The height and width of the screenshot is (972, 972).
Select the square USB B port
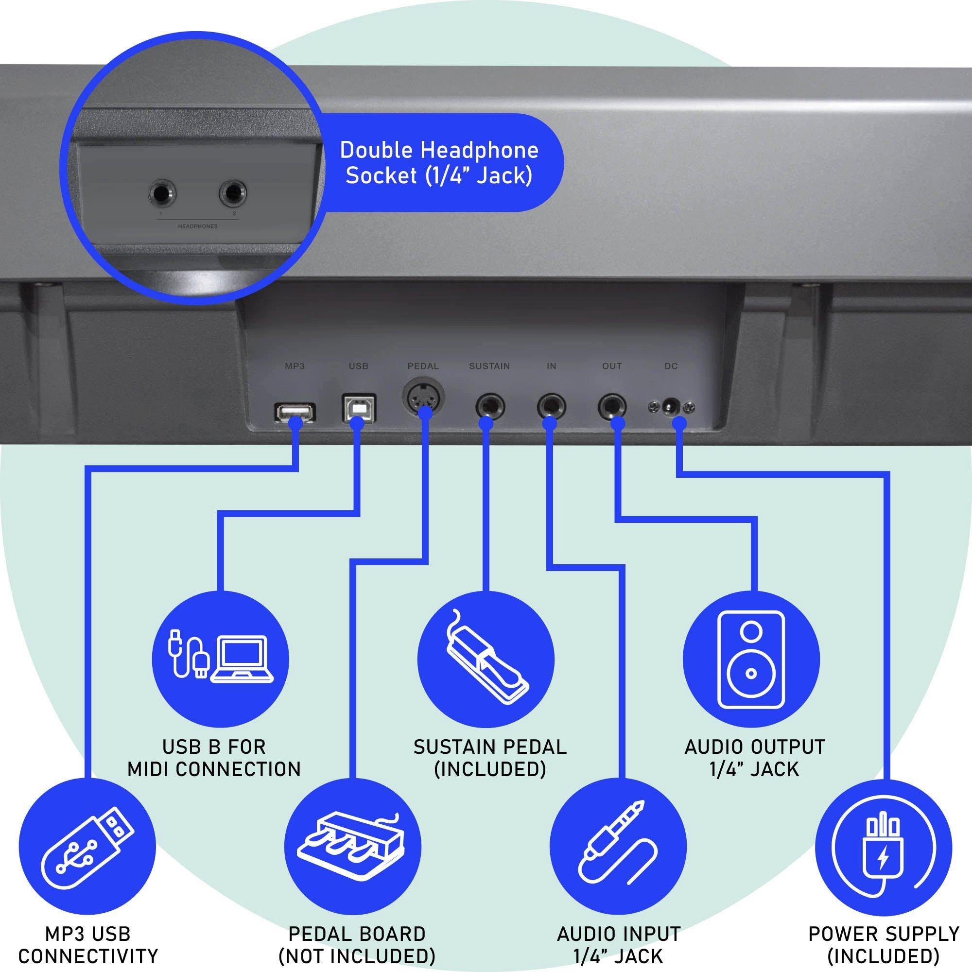[358, 409]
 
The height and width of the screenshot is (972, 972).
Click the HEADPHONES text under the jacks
[198, 226]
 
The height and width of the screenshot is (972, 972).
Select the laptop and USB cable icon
[220, 659]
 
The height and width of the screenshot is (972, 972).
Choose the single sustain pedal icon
[486, 659]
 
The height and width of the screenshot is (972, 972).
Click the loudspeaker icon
[751, 659]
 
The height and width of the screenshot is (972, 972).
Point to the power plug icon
[883, 848]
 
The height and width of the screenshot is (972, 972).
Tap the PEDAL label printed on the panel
[423, 366]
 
